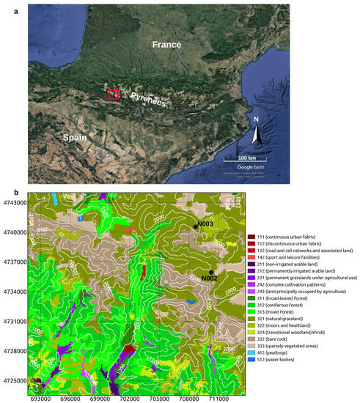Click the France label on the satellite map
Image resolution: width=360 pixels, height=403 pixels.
tap(166, 45)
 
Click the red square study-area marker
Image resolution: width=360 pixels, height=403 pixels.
tap(113, 94)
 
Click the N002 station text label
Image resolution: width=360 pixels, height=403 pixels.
tap(210, 279)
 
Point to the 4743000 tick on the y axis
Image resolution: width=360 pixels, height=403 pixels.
tap(14, 203)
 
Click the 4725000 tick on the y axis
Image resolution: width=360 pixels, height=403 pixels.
tap(14, 381)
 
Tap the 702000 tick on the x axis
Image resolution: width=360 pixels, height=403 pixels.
tap(130, 397)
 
